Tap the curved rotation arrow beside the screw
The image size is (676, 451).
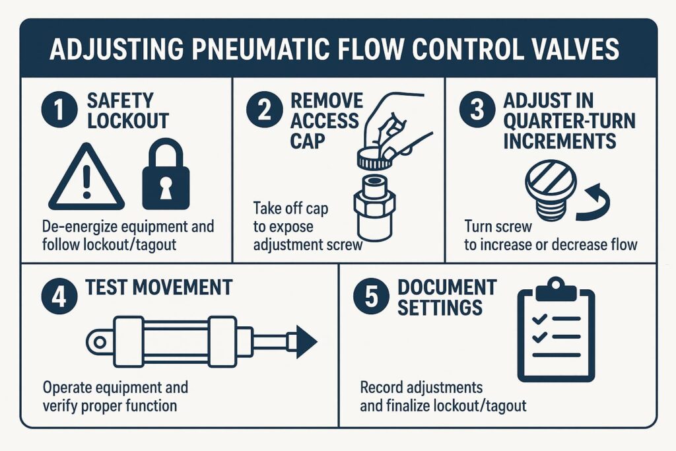[x=594, y=205]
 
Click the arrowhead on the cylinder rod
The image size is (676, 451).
[x=306, y=342]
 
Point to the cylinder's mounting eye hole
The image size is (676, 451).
[x=99, y=342]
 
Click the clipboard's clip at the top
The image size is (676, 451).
[x=556, y=287]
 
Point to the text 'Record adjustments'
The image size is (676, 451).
[x=421, y=386]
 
